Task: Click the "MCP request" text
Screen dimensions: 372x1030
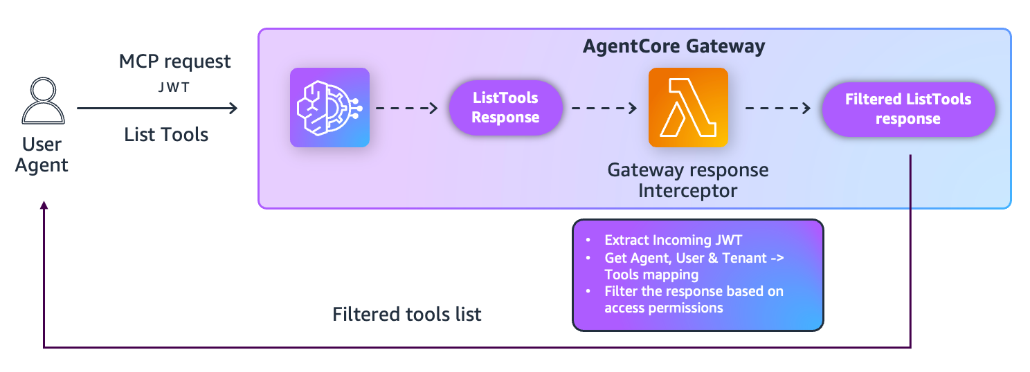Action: (174, 62)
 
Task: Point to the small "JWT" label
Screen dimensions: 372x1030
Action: (174, 88)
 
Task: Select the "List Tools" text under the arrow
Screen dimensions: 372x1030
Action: (166, 134)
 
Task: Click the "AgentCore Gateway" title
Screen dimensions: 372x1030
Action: (674, 46)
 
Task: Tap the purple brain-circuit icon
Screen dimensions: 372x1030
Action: (329, 107)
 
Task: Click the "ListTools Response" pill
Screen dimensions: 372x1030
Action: (505, 108)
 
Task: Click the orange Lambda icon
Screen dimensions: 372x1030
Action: (688, 107)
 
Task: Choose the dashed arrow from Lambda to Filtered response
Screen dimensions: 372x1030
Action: (777, 108)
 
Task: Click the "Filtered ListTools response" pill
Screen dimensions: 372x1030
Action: (907, 109)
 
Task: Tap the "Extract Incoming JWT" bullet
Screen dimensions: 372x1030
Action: (673, 241)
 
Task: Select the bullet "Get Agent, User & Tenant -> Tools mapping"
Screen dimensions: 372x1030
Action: (692, 266)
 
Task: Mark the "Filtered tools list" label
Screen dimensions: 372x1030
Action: (406, 315)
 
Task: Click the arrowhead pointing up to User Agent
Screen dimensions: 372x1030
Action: (44, 206)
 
